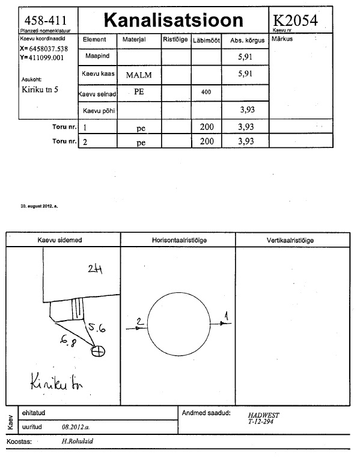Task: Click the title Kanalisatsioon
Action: pyautogui.click(x=173, y=20)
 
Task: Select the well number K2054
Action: pyautogui.click(x=295, y=20)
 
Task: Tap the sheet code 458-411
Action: pyautogui.click(x=45, y=20)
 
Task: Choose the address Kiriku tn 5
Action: pyautogui.click(x=40, y=89)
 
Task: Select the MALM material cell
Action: pyautogui.click(x=139, y=75)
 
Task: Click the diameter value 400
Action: pyautogui.click(x=206, y=92)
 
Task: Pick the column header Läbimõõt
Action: pyautogui.click(x=206, y=40)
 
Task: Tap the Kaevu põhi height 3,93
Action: pyautogui.click(x=248, y=109)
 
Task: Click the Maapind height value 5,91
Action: pyautogui.click(x=245, y=57)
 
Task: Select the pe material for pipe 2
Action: pyautogui.click(x=141, y=143)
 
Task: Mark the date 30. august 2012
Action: pyautogui.click(x=39, y=206)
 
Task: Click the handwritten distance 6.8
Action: pyautogui.click(x=68, y=341)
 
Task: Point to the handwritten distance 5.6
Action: pyautogui.click(x=97, y=327)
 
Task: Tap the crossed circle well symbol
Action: pyautogui.click(x=98, y=351)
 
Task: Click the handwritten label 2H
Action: pyautogui.click(x=95, y=269)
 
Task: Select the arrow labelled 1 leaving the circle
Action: pyautogui.click(x=221, y=324)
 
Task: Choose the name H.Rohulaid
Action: pyautogui.click(x=78, y=441)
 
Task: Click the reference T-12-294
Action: pyautogui.click(x=261, y=422)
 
